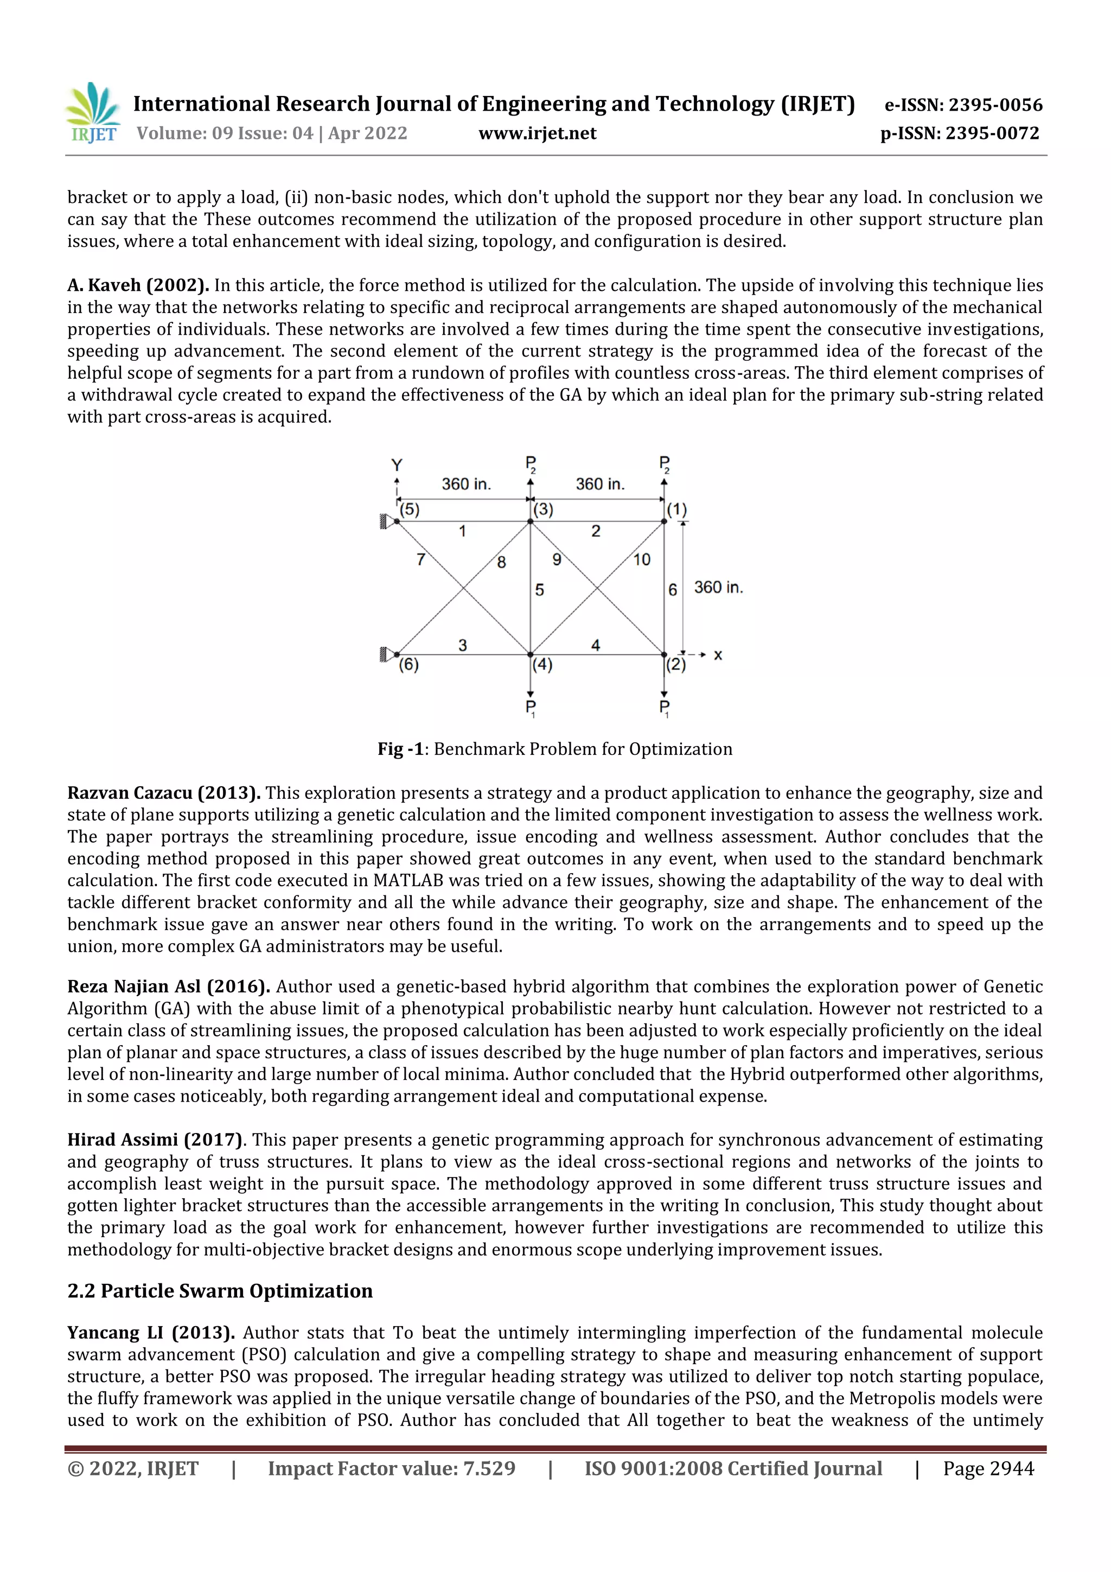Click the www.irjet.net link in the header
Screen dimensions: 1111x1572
(538, 133)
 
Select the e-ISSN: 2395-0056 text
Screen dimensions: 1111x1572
(963, 105)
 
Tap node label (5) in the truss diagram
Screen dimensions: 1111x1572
(410, 510)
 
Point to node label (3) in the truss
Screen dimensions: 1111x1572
(544, 510)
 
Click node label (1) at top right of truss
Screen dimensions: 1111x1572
(677, 510)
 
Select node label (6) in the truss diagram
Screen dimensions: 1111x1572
(408, 664)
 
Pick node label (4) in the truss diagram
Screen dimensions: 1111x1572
(542, 664)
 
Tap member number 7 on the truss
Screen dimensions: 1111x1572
(421, 559)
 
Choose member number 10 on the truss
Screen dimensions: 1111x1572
(641, 559)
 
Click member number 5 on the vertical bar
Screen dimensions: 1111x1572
(539, 589)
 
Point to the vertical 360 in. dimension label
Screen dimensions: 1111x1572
(718, 588)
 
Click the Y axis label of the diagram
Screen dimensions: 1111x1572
(397, 466)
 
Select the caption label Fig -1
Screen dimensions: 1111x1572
(400, 749)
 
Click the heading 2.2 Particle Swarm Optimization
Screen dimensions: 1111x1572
(220, 1290)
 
